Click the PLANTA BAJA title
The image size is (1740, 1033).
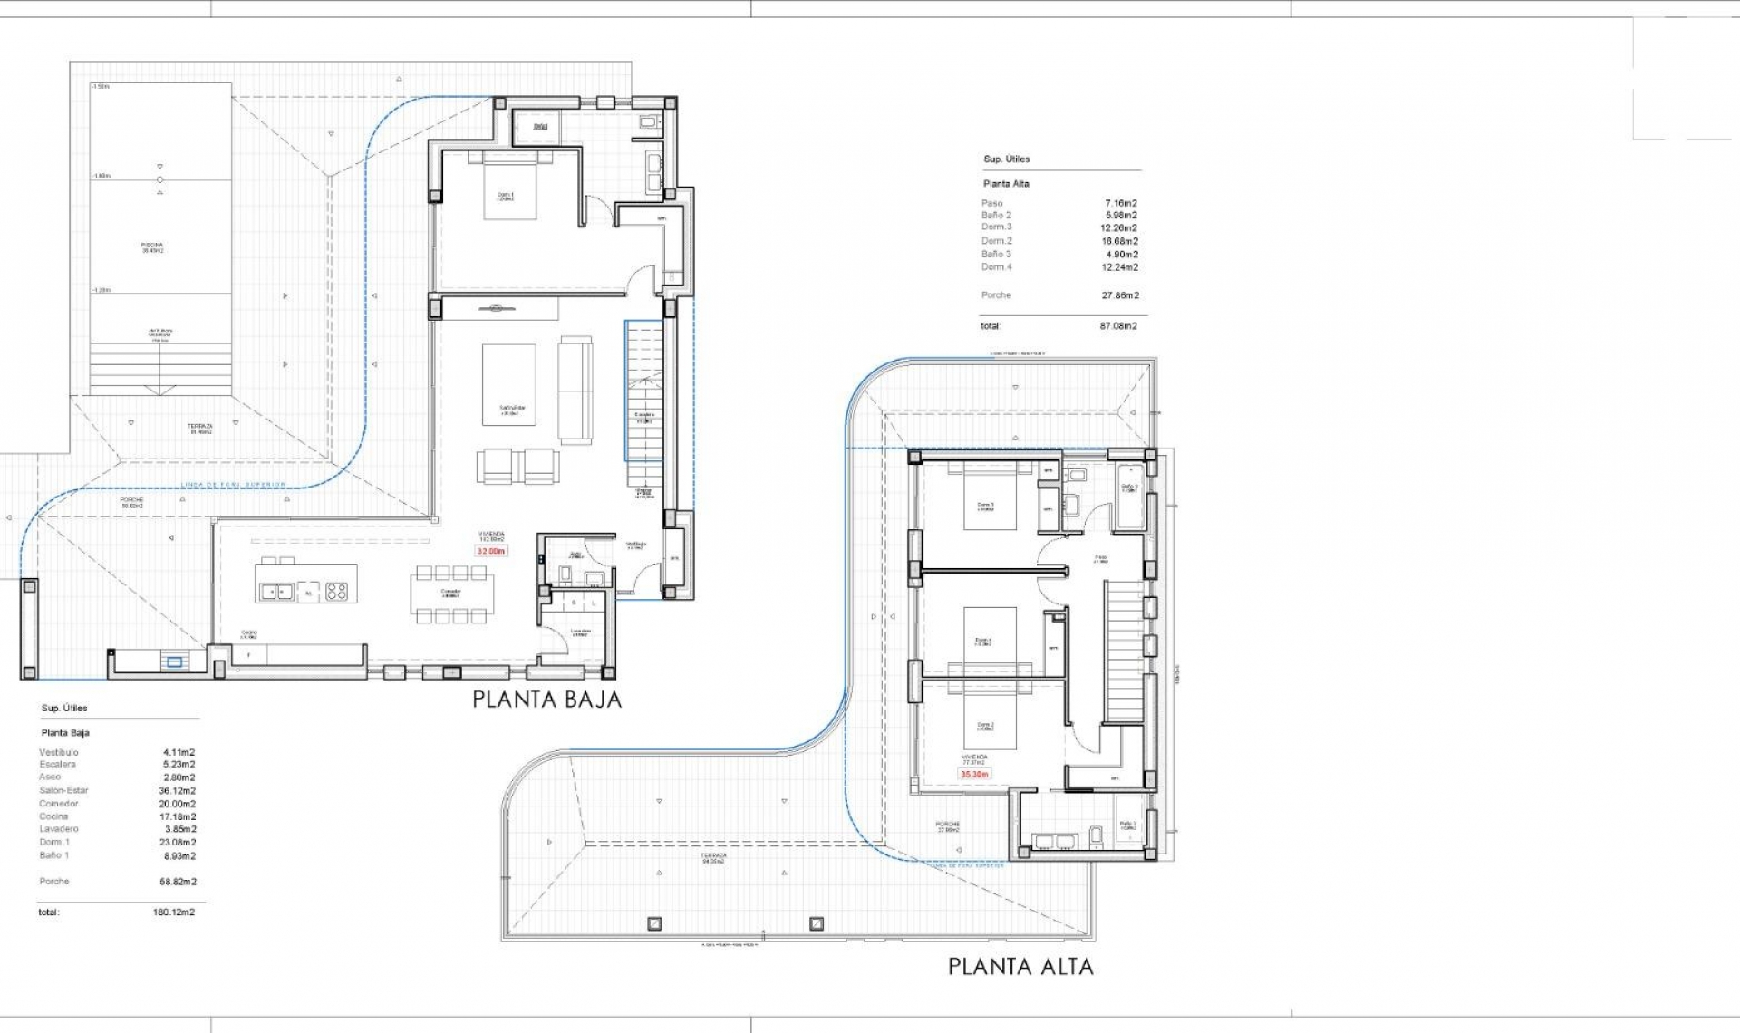pos(546,700)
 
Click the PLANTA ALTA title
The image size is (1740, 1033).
pos(1020,967)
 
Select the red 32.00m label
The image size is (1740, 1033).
pos(490,551)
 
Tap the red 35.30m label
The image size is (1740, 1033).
pos(974,774)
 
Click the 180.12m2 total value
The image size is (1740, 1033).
pos(173,912)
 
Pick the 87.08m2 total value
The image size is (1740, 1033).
pos(1118,325)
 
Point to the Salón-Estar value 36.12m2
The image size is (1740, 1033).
pos(177,790)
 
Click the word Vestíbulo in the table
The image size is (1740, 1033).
pos(59,752)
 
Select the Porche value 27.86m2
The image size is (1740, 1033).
pos(1120,295)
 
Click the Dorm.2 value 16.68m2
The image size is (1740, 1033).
pos(1120,241)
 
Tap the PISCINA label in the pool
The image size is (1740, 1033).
pos(152,246)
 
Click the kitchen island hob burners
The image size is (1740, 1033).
pos(336,592)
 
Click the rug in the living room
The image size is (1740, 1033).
pos(508,384)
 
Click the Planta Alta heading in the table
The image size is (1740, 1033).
pos(1006,183)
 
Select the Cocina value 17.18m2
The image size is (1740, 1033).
pos(177,816)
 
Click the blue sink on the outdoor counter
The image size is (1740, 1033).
pos(174,662)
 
